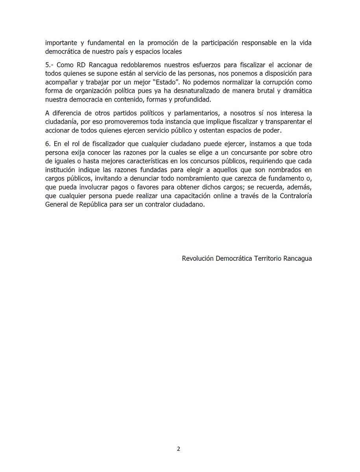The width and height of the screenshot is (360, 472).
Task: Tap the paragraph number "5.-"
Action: pyautogui.click(x=50, y=65)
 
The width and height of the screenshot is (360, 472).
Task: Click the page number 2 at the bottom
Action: pyautogui.click(x=179, y=449)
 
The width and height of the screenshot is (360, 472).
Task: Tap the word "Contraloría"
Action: pyautogui.click(x=294, y=196)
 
